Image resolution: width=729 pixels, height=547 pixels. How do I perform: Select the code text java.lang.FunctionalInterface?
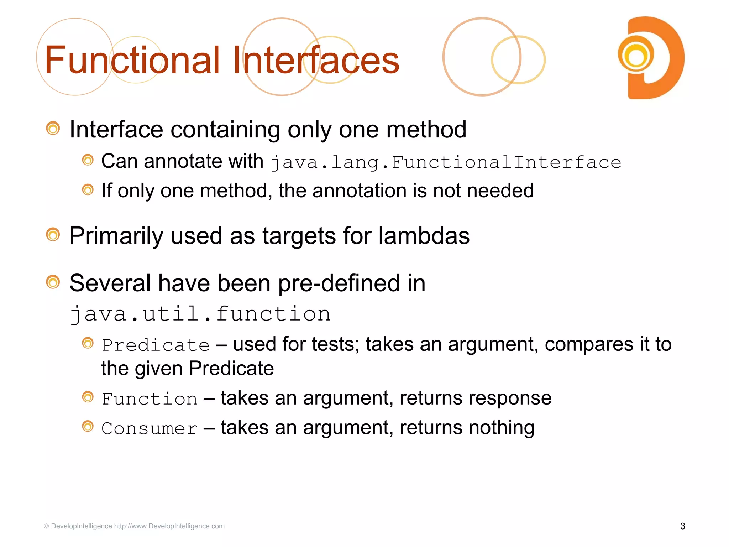click(x=446, y=163)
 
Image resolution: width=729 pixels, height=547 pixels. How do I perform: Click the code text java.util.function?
click(x=200, y=314)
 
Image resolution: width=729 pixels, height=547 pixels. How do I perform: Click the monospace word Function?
click(x=150, y=399)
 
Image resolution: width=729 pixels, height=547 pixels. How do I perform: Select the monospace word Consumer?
click(x=150, y=428)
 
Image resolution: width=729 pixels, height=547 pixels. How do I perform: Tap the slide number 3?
click(x=682, y=526)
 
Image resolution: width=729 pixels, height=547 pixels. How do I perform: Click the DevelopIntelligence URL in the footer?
click(x=169, y=526)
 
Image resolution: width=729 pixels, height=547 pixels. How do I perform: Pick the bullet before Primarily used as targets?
click(x=53, y=235)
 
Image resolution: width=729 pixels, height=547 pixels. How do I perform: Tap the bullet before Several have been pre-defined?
click(x=53, y=282)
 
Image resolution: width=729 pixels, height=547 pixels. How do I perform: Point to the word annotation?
click(x=360, y=191)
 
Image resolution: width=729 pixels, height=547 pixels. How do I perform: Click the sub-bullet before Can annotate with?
click(x=88, y=160)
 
